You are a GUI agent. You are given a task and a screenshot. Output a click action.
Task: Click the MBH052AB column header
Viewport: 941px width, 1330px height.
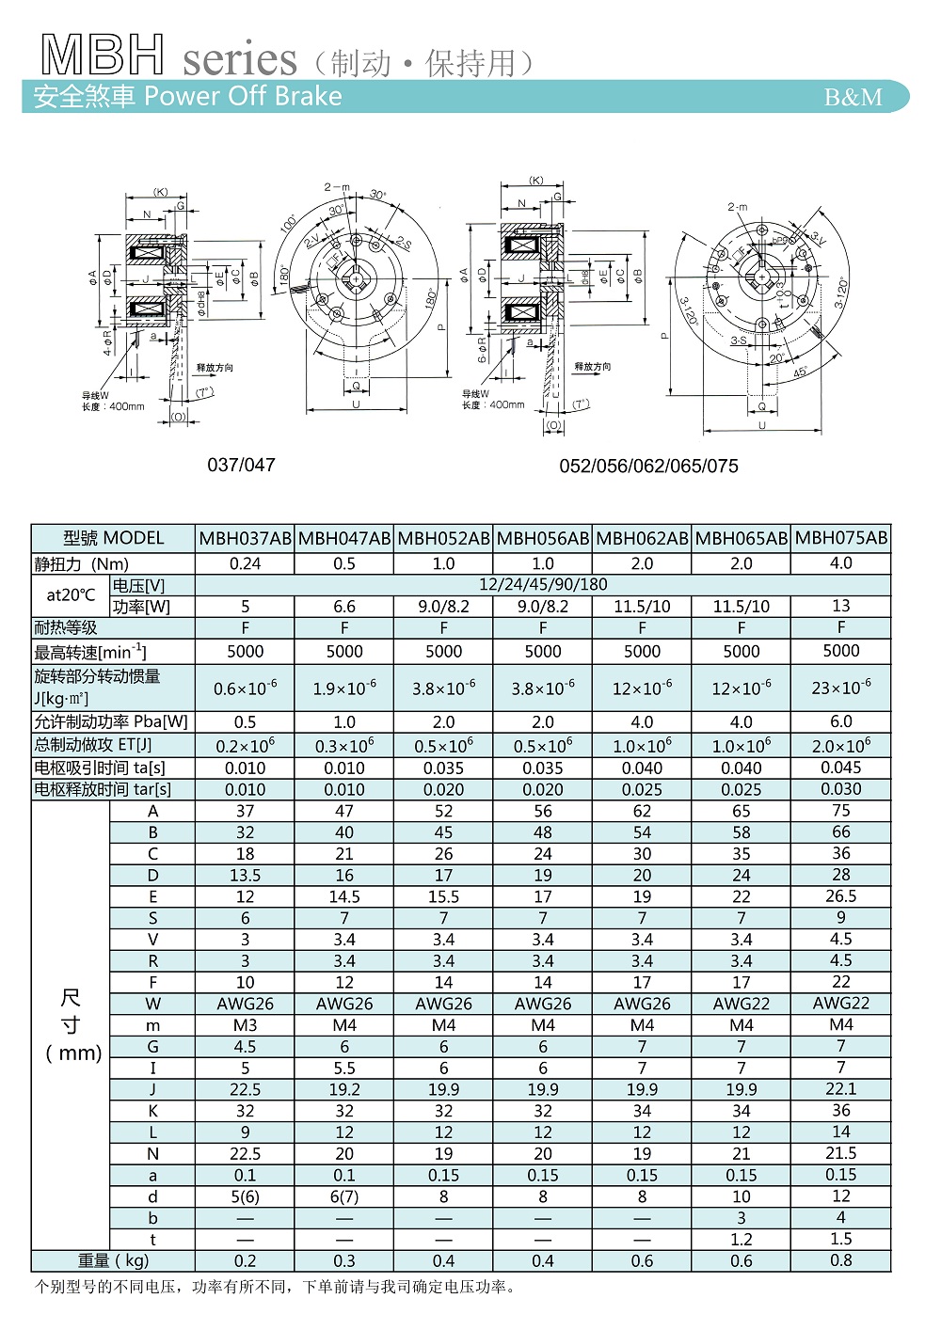click(x=443, y=539)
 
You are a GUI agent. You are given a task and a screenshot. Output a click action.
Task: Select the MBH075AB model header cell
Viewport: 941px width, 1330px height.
click(x=841, y=538)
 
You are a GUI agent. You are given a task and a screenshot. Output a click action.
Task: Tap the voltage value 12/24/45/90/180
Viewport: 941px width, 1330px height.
click(x=543, y=584)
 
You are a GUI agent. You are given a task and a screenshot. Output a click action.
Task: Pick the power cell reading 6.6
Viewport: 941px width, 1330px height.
click(x=344, y=607)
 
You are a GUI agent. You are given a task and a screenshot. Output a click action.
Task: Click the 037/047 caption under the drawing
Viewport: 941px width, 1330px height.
click(x=241, y=465)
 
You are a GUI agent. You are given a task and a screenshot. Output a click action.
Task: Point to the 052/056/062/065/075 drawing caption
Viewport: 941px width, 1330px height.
click(x=648, y=467)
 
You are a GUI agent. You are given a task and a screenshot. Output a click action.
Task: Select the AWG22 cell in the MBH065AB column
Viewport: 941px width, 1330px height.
click(x=742, y=1004)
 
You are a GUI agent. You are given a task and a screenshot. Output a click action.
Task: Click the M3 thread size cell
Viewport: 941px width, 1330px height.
click(x=245, y=1025)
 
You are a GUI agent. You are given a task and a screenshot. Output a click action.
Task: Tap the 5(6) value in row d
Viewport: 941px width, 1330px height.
click(x=245, y=1197)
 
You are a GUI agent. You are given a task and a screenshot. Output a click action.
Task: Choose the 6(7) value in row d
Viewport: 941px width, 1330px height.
click(x=344, y=1197)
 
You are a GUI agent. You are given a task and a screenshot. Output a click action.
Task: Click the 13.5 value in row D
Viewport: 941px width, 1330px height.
click(x=245, y=876)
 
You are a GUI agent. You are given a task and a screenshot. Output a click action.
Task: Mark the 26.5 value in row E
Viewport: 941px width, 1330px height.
click(x=841, y=896)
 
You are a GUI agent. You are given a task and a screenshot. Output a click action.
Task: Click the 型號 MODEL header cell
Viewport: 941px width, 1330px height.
click(x=113, y=539)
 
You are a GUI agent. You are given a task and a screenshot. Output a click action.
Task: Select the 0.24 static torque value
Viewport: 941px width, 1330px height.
click(x=245, y=564)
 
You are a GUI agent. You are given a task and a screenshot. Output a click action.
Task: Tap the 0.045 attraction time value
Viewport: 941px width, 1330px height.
click(x=841, y=768)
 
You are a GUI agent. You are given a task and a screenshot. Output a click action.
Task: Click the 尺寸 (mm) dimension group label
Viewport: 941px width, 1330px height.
click(x=72, y=1025)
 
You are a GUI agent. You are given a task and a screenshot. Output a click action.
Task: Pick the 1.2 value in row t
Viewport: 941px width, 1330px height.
click(x=742, y=1240)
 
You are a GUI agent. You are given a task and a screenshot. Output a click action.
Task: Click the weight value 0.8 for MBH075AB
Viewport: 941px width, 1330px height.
click(x=841, y=1260)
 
